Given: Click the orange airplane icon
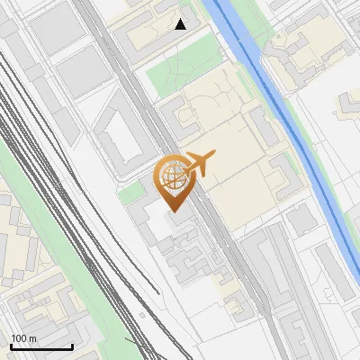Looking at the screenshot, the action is coord(199,165).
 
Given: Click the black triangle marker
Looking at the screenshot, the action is coord(181,24).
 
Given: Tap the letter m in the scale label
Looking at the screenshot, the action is coord(32,338).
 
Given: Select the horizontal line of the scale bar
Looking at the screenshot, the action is coord(41,346).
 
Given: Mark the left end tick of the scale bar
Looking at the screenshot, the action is coord(11,345).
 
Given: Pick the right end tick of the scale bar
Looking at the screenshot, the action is coord(72,345).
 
